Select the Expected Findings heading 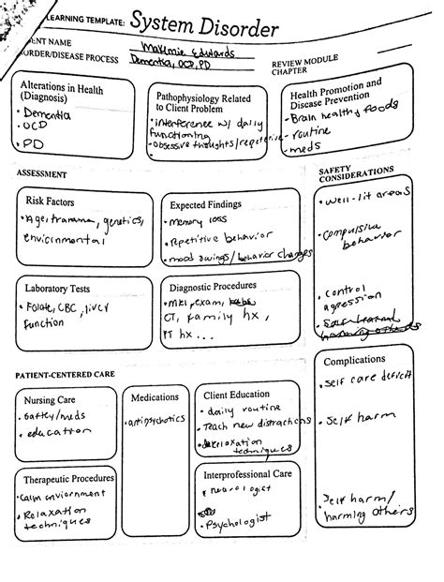(x=205, y=203)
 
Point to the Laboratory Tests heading (x=57, y=288)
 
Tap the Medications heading (x=155, y=397)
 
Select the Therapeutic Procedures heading (x=61, y=479)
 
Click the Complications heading (x=354, y=360)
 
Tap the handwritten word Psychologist (x=238, y=518)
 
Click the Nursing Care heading (x=50, y=400)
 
